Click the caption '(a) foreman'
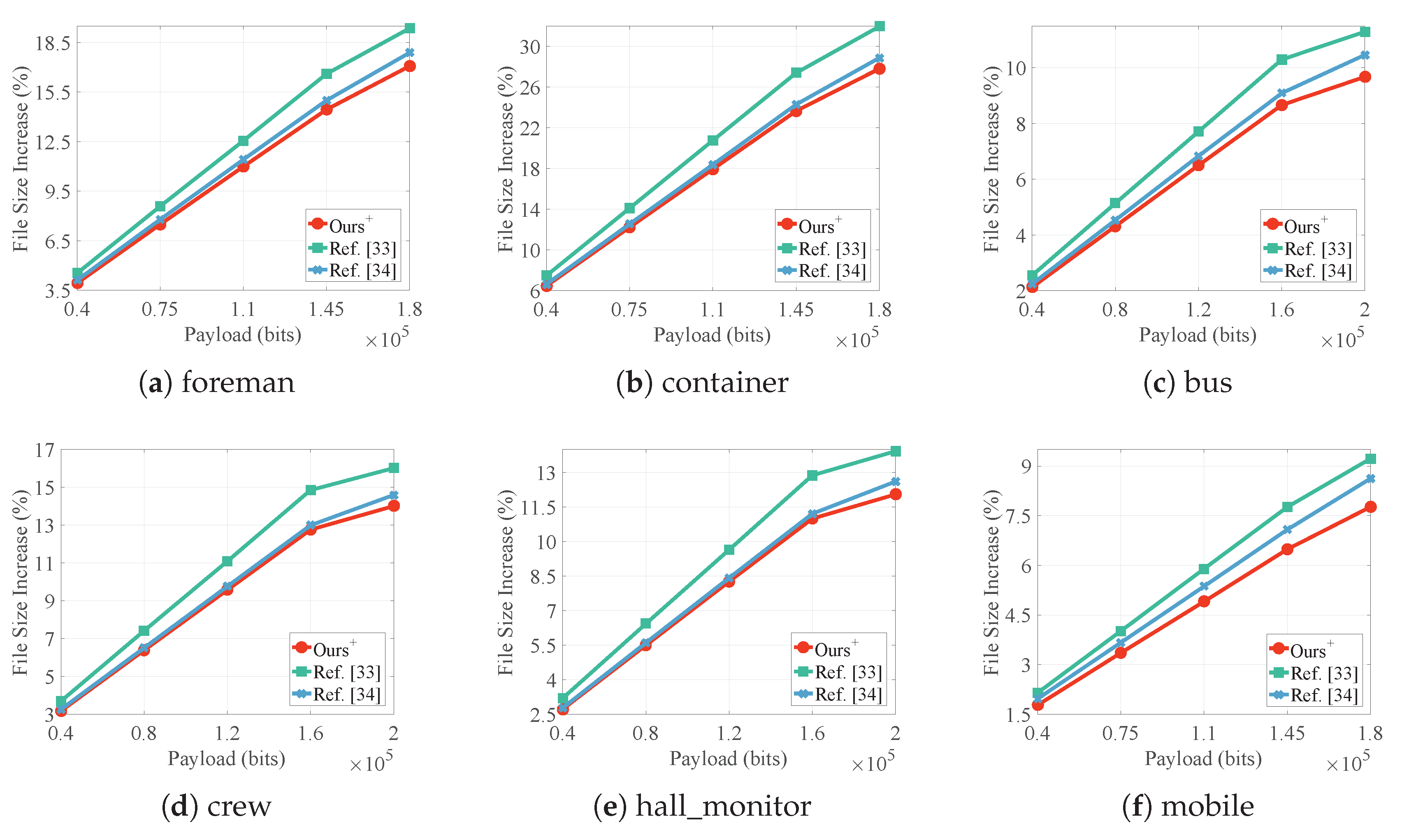[217, 383]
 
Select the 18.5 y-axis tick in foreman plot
[52, 43]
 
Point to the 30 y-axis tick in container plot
[529, 47]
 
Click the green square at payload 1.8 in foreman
[410, 28]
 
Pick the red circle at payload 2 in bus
[1364, 77]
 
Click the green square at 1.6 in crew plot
[311, 490]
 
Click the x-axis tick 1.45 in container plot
[796, 309]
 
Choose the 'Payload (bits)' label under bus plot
[1197, 335]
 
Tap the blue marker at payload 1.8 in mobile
[1370, 479]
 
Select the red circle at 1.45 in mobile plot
[1287, 549]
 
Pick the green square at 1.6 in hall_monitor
[812, 475]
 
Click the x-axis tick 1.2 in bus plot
[1198, 309]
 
